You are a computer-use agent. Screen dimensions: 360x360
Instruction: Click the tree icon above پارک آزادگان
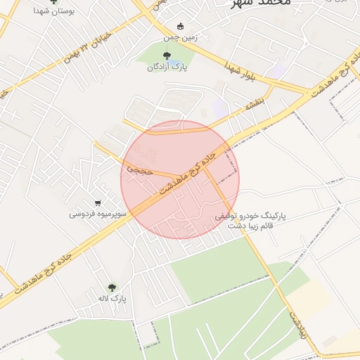[166, 56]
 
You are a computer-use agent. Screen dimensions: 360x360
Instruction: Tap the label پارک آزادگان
[166, 67]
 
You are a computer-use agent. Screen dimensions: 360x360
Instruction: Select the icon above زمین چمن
[181, 27]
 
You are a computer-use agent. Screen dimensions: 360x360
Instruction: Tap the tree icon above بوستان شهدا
[53, 2]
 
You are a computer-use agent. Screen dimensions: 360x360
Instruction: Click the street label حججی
[137, 169]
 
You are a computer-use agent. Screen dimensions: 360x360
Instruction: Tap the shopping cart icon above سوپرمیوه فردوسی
[98, 202]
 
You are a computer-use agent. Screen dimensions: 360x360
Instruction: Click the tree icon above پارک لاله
[112, 287]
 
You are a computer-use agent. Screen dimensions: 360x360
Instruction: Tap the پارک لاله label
[112, 298]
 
